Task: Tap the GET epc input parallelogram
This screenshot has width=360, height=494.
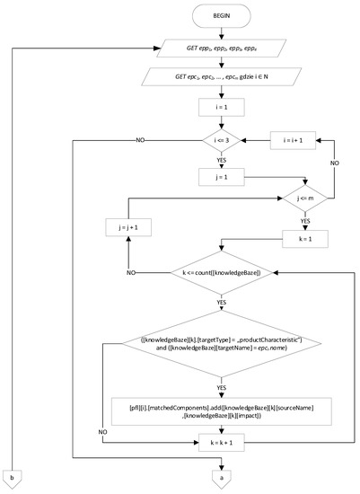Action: [x=222, y=79]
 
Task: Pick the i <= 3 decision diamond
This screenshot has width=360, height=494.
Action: [x=222, y=142]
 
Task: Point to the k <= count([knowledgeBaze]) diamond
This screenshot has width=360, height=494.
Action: [x=222, y=271]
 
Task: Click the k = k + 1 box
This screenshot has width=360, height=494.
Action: [x=222, y=443]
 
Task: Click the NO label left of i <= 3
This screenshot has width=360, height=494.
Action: [x=141, y=141]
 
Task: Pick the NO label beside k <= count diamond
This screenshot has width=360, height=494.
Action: [x=132, y=270]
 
